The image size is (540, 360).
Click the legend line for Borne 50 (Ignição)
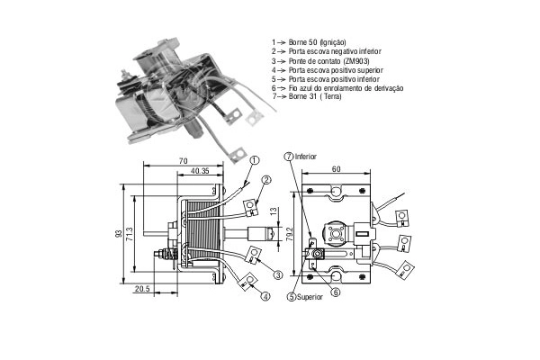pyautogui.click(x=309, y=42)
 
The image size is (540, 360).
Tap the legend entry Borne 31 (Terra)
pyautogui.click(x=307, y=96)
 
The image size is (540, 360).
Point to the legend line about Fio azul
pyautogui.click(x=337, y=88)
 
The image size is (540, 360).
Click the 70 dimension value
pyautogui.click(x=184, y=160)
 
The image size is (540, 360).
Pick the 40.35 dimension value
pyautogui.click(x=200, y=171)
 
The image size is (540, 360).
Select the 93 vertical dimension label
pyautogui.click(x=119, y=234)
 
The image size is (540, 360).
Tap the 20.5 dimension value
pyautogui.click(x=142, y=289)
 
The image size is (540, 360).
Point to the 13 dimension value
pyautogui.click(x=273, y=211)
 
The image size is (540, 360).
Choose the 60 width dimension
pyautogui.click(x=336, y=169)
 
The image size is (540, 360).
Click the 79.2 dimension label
pyautogui.click(x=290, y=234)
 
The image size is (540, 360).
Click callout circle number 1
pyautogui.click(x=254, y=160)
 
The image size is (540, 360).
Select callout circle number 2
pyautogui.click(x=266, y=179)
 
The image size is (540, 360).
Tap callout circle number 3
pyautogui.click(x=278, y=274)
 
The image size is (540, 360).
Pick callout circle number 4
pyautogui.click(x=265, y=296)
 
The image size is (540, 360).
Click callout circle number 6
pyautogui.click(x=336, y=292)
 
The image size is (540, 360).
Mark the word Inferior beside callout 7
pyautogui.click(x=305, y=157)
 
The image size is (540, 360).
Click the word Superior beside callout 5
pyautogui.click(x=310, y=297)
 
